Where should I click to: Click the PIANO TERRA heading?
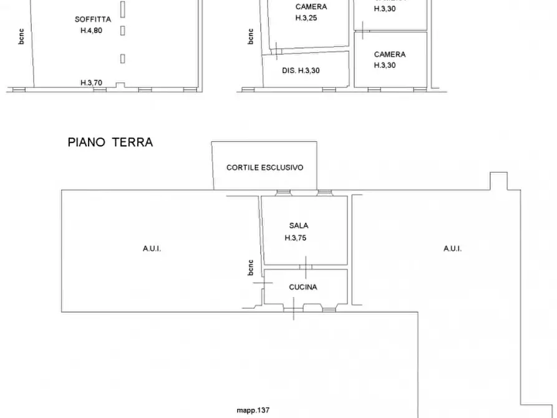110,142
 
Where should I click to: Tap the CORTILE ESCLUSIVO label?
264,168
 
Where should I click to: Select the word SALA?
299,226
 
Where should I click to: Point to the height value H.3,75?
296,238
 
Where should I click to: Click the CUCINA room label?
303,288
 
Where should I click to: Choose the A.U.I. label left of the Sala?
152,248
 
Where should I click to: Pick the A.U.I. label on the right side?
452,248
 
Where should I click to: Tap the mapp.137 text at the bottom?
252,411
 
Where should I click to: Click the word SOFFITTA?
92,19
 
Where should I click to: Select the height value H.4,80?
91,31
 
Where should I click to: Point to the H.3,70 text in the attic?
91,83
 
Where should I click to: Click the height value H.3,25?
306,19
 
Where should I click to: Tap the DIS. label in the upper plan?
289,70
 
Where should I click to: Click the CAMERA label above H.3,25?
311,7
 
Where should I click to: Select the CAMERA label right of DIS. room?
390,54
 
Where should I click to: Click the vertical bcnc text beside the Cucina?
251,267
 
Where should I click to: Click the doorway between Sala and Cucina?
306,268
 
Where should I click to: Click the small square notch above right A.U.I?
498,180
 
